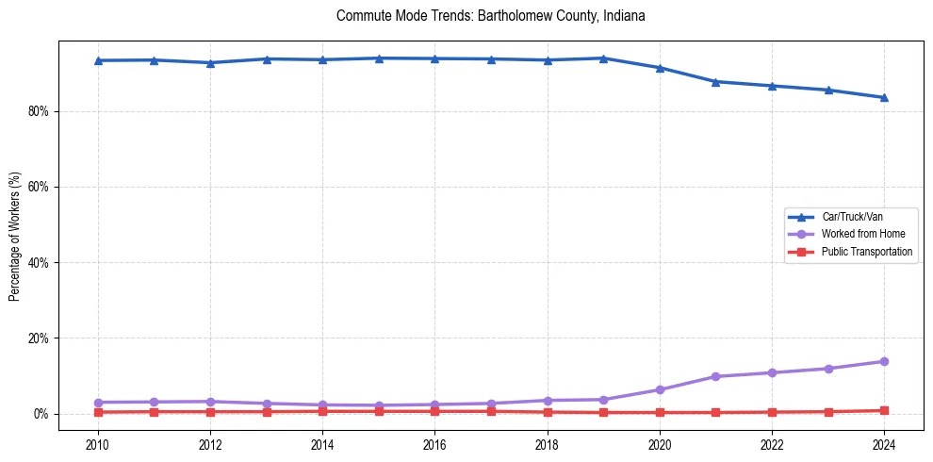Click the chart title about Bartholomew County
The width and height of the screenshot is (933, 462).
[490, 16]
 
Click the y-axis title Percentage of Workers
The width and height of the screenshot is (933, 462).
[14, 237]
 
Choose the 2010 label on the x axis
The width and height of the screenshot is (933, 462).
[98, 443]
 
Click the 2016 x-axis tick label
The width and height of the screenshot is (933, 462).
[434, 443]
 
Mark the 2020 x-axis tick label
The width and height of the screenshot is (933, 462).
[660, 443]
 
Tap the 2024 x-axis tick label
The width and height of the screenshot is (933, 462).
[884, 443]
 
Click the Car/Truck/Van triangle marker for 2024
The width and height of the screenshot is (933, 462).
[884, 97]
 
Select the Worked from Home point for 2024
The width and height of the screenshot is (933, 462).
[884, 361]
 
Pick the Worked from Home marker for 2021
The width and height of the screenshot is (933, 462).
[715, 376]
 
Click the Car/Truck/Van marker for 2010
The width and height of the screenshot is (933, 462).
[98, 60]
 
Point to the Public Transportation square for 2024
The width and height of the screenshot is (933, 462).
[884, 410]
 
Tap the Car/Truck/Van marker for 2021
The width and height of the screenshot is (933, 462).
[715, 82]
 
